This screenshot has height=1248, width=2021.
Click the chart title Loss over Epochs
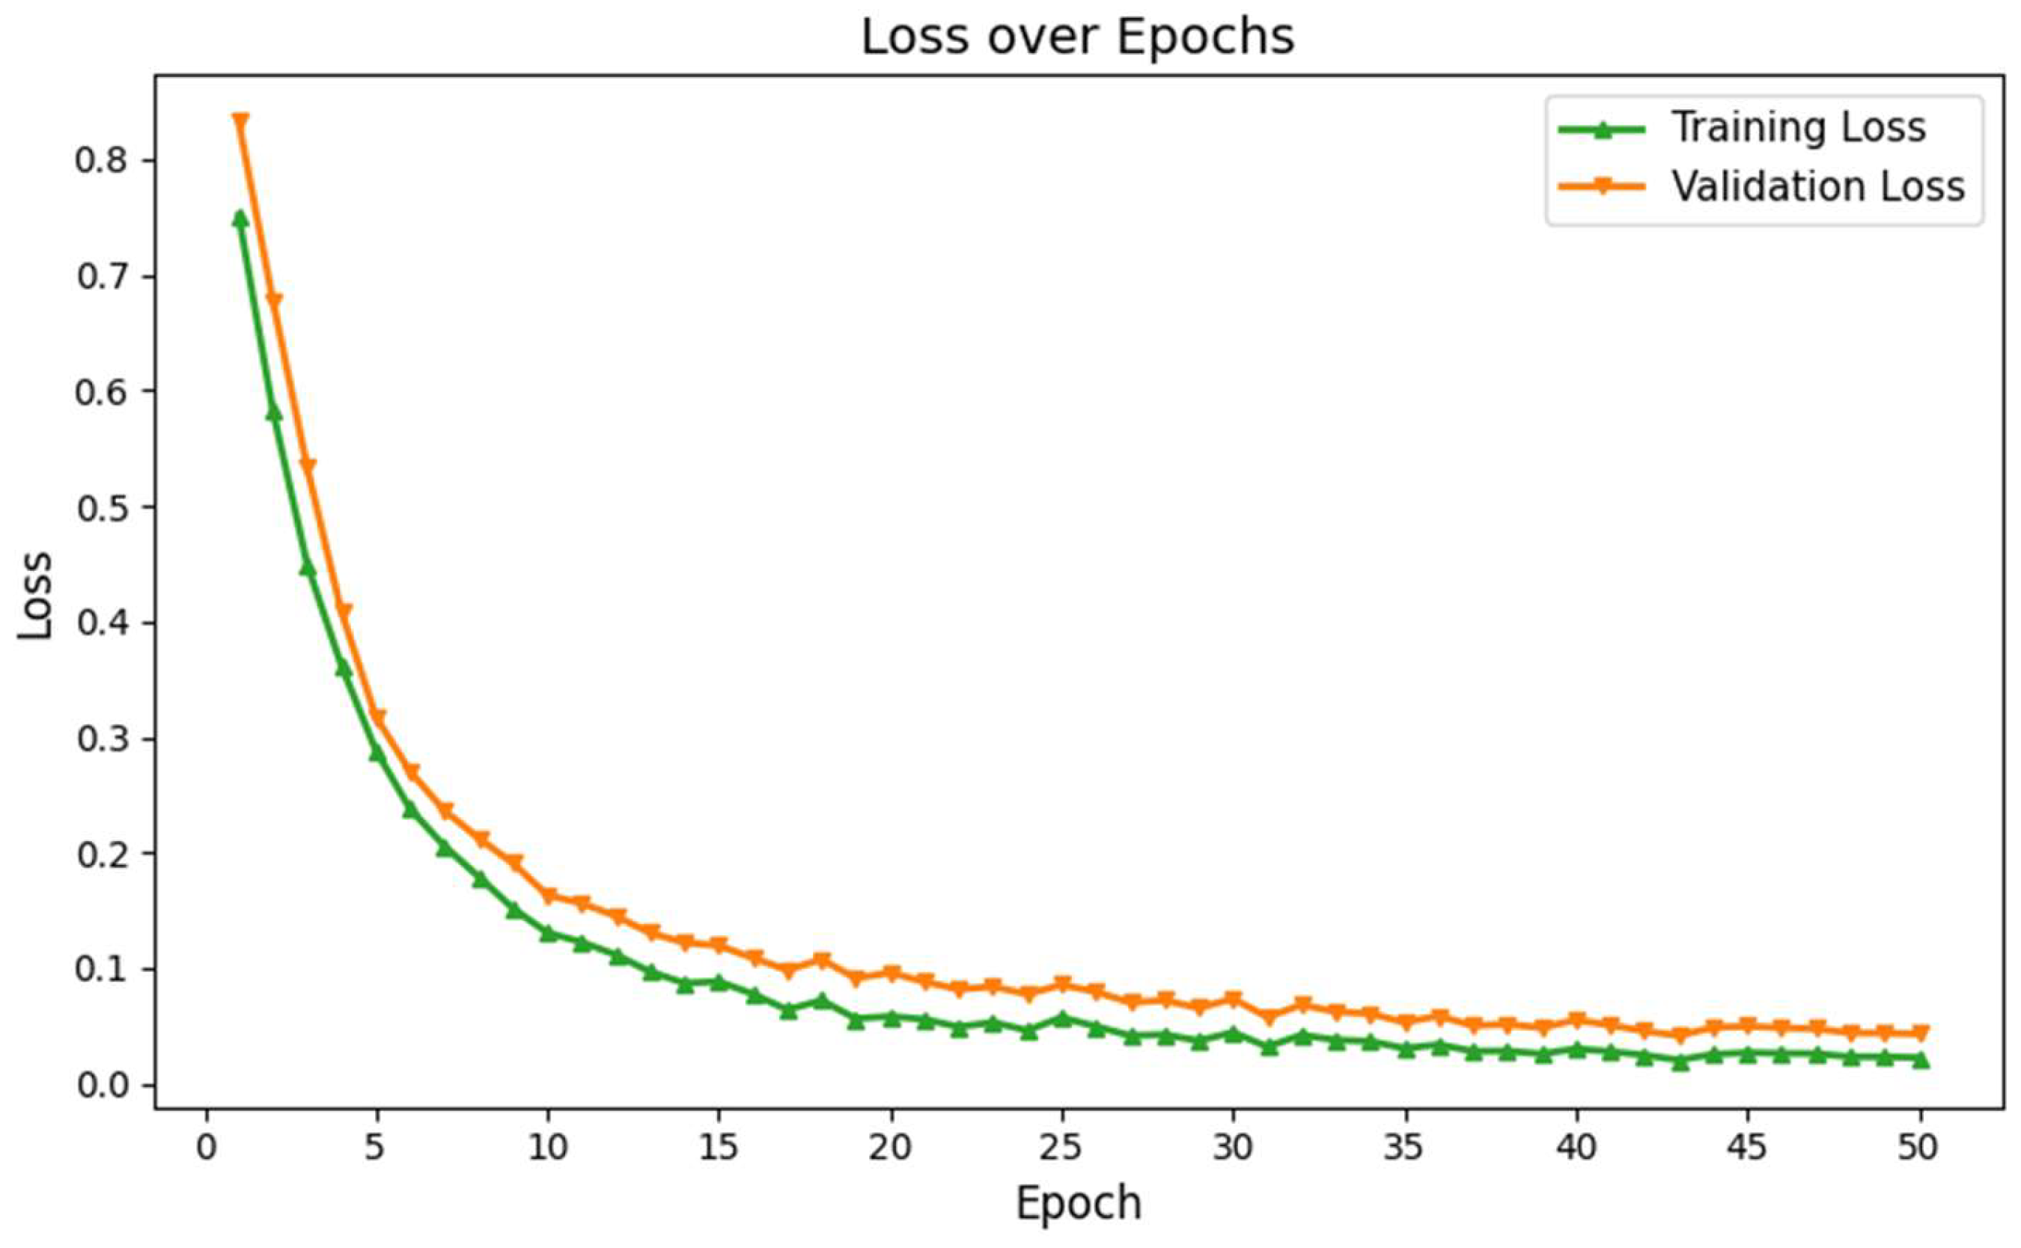click(1077, 37)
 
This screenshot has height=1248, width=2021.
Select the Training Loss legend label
click(1798, 128)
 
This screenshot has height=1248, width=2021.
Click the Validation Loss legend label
click(1817, 186)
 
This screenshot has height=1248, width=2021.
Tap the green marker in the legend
click(1601, 129)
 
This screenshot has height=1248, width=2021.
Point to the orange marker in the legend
click(1601, 187)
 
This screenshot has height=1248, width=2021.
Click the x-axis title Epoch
click(1077, 1202)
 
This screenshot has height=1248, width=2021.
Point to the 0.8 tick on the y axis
click(103, 160)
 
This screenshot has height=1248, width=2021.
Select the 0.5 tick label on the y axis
click(103, 507)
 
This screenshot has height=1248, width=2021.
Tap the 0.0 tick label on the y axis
click(103, 1086)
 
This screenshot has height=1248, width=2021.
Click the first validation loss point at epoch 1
click(240, 121)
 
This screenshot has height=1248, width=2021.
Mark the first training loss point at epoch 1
click(240, 218)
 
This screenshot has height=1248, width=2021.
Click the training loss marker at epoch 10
click(548, 933)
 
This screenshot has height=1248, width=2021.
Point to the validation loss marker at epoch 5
click(377, 718)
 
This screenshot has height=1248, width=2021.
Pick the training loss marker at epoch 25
click(1062, 1018)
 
